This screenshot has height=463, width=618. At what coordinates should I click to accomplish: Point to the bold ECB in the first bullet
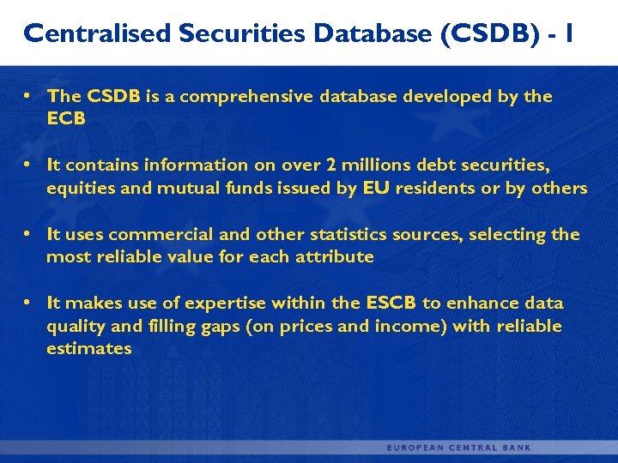point(66,119)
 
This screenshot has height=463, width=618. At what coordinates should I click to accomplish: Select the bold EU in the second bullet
point(376,188)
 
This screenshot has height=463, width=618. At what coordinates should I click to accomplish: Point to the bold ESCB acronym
point(391,303)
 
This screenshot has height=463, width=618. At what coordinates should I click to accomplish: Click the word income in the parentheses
point(405,326)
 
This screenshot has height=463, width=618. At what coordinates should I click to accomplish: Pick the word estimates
point(88,348)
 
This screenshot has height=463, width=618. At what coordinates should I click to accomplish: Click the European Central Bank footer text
point(459,448)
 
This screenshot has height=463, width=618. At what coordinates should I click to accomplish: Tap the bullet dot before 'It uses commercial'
point(28,234)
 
